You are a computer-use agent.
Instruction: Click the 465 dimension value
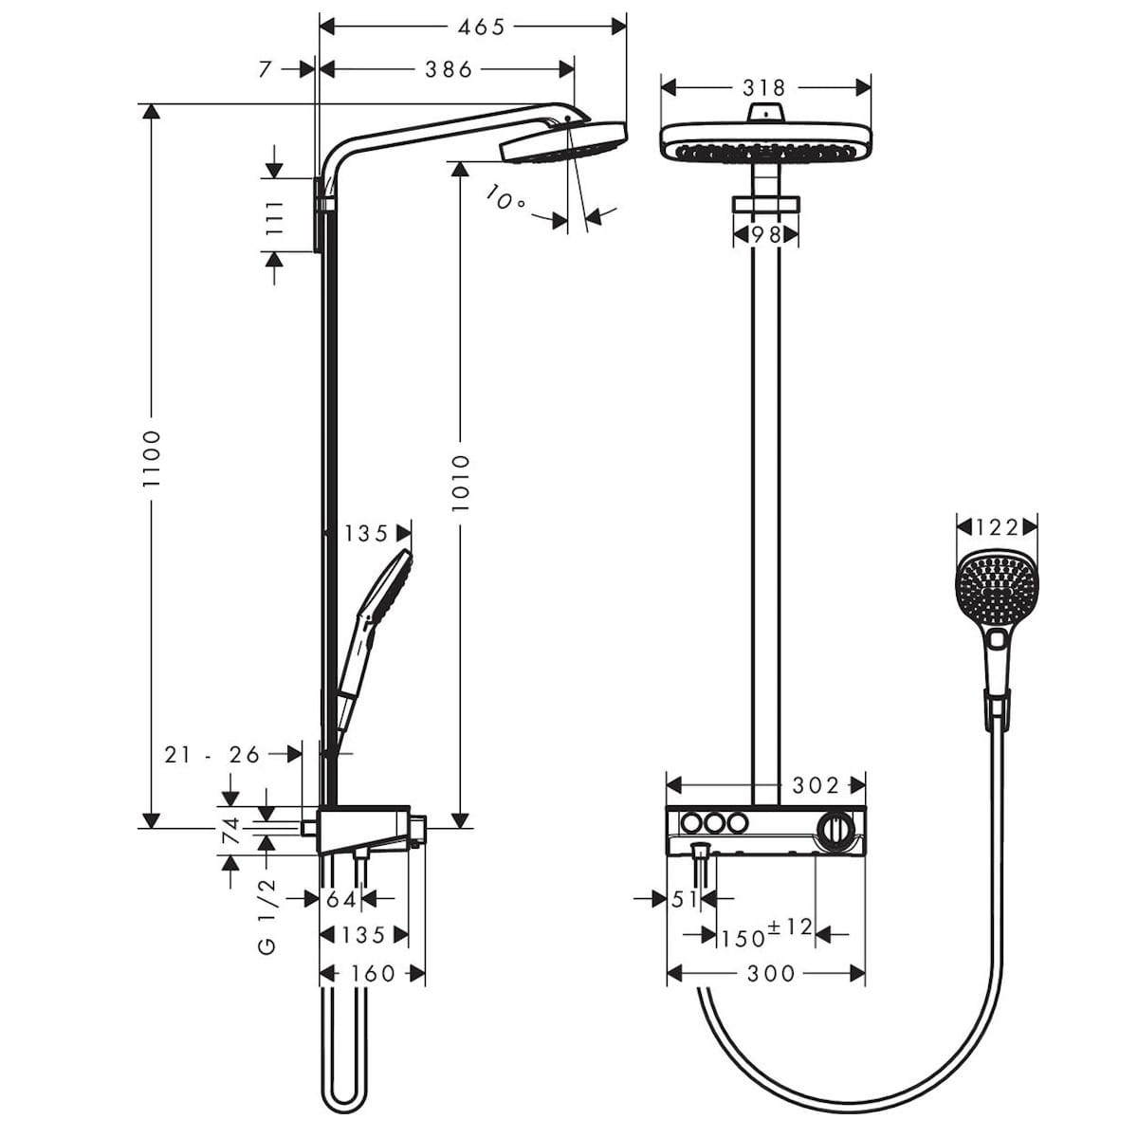[x=481, y=28]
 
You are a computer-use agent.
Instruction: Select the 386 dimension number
[x=448, y=69]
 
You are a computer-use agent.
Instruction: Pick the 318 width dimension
[x=764, y=88]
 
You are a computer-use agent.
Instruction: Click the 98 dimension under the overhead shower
[x=766, y=234]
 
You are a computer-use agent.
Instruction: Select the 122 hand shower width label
[x=997, y=527]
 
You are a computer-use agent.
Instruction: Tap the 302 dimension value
[x=817, y=785]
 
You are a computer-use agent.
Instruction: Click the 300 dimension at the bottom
[x=771, y=974]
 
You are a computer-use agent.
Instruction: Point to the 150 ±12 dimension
[x=766, y=933]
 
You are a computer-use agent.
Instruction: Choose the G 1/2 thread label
[x=267, y=915]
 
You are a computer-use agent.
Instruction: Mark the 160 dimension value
[x=372, y=974]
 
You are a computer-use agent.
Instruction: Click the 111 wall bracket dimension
[x=275, y=217]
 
